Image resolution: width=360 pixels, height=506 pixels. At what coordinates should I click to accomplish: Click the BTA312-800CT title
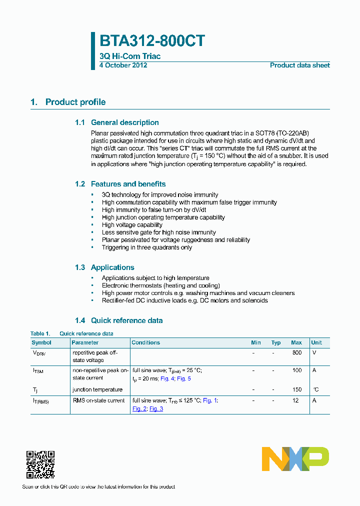point(152,41)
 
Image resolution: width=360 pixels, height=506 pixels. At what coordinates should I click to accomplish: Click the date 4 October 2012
point(123,65)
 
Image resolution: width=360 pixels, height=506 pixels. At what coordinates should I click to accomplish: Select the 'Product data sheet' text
point(299,65)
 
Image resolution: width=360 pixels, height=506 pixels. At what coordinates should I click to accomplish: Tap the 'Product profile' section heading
point(75,102)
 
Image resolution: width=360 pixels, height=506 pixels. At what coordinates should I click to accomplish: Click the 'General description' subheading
point(124,122)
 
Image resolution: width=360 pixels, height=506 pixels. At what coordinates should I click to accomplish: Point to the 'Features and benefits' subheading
point(128,184)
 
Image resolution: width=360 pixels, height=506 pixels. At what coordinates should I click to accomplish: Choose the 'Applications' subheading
point(112,267)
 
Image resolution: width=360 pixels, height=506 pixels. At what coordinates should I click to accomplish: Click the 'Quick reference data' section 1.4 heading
point(126,320)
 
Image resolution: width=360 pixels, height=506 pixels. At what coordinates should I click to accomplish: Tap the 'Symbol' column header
point(41,342)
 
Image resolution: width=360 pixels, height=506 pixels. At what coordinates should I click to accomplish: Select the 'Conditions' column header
point(145,342)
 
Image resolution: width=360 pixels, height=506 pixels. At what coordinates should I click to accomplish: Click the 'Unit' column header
point(316,342)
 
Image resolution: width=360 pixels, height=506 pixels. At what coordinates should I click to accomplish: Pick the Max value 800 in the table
point(297,352)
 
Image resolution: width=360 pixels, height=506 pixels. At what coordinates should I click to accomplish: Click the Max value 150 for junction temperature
point(297,389)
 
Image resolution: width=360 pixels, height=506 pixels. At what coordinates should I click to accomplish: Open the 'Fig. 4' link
point(166,378)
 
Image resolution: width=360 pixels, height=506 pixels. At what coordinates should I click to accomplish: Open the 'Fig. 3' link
point(156,408)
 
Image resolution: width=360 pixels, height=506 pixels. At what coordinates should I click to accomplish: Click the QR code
point(40,464)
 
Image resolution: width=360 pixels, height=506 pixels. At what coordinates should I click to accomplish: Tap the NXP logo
point(295,459)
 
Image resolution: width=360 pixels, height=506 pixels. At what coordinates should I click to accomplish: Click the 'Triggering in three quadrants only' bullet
point(146,247)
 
